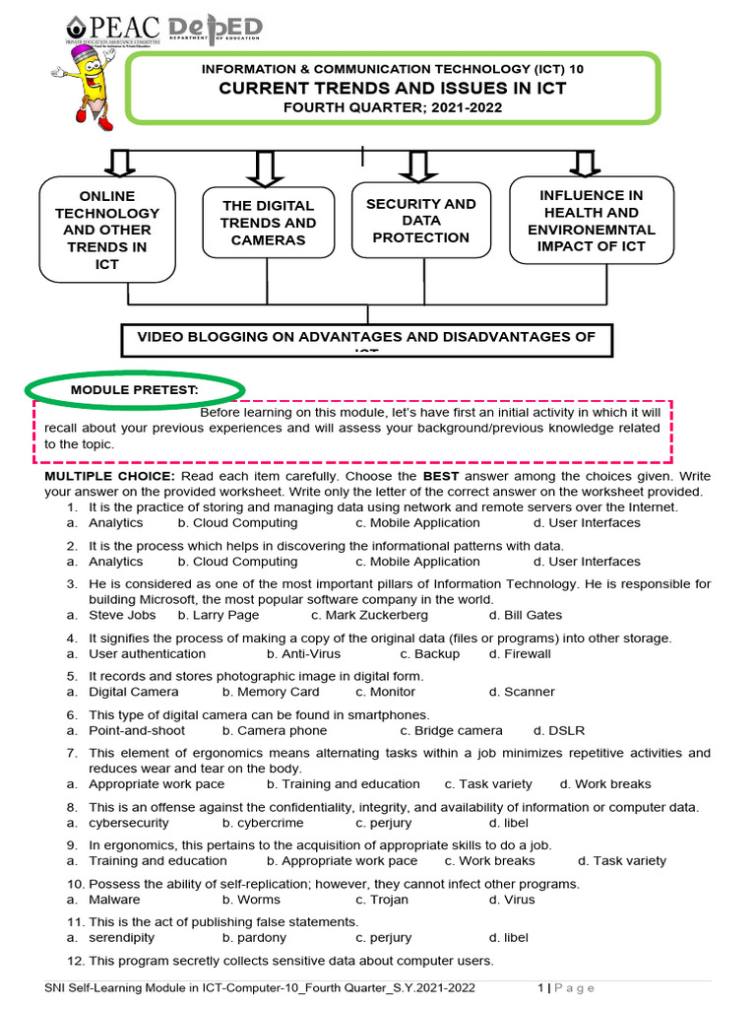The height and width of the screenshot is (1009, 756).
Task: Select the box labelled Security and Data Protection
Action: click(x=420, y=221)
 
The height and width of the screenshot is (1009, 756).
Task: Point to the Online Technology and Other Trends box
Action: click(x=107, y=230)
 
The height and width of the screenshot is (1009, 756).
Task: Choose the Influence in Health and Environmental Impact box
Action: click(x=592, y=221)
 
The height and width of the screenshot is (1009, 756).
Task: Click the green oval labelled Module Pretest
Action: click(x=135, y=389)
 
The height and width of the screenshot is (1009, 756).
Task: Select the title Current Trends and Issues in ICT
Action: click(x=393, y=89)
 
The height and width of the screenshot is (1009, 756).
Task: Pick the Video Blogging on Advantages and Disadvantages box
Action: click(x=366, y=338)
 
